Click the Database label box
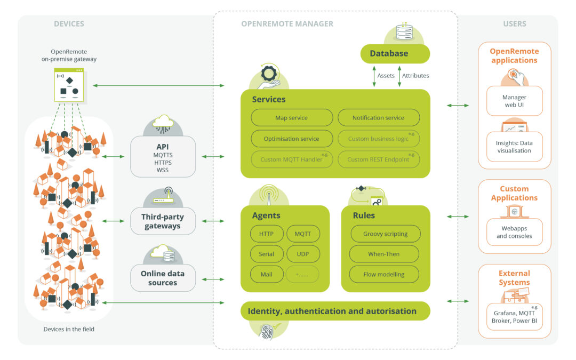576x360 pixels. (x=395, y=53)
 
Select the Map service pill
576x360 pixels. (x=291, y=118)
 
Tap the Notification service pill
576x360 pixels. (x=378, y=118)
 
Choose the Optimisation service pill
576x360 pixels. (x=291, y=139)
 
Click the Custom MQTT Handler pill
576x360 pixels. (x=291, y=159)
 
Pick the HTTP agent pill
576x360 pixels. (x=266, y=234)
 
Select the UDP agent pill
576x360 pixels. (x=302, y=254)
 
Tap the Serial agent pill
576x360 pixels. (x=266, y=254)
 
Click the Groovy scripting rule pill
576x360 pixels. (x=385, y=234)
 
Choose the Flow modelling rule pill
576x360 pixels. (x=383, y=274)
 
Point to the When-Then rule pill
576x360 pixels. (x=383, y=254)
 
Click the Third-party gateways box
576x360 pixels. (x=163, y=221)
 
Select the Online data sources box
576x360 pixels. (x=163, y=278)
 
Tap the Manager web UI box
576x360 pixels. (x=514, y=101)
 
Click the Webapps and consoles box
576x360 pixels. (x=514, y=232)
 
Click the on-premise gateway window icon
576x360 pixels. (x=69, y=85)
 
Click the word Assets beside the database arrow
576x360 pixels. (x=386, y=76)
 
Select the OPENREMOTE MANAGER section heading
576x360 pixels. (x=287, y=24)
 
